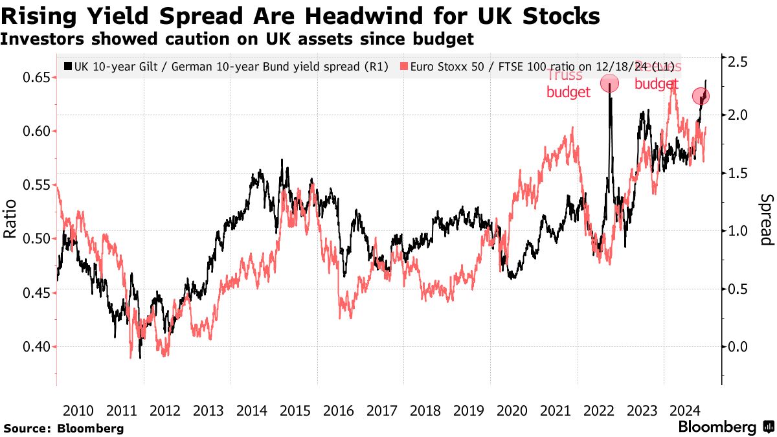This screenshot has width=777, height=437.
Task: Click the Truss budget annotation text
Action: click(568, 84)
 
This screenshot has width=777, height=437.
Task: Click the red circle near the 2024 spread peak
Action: click(701, 96)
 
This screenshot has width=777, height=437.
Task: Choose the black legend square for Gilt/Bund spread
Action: click(68, 66)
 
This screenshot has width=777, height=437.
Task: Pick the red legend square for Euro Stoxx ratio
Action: click(403, 66)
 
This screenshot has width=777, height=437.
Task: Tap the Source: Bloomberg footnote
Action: click(63, 428)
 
